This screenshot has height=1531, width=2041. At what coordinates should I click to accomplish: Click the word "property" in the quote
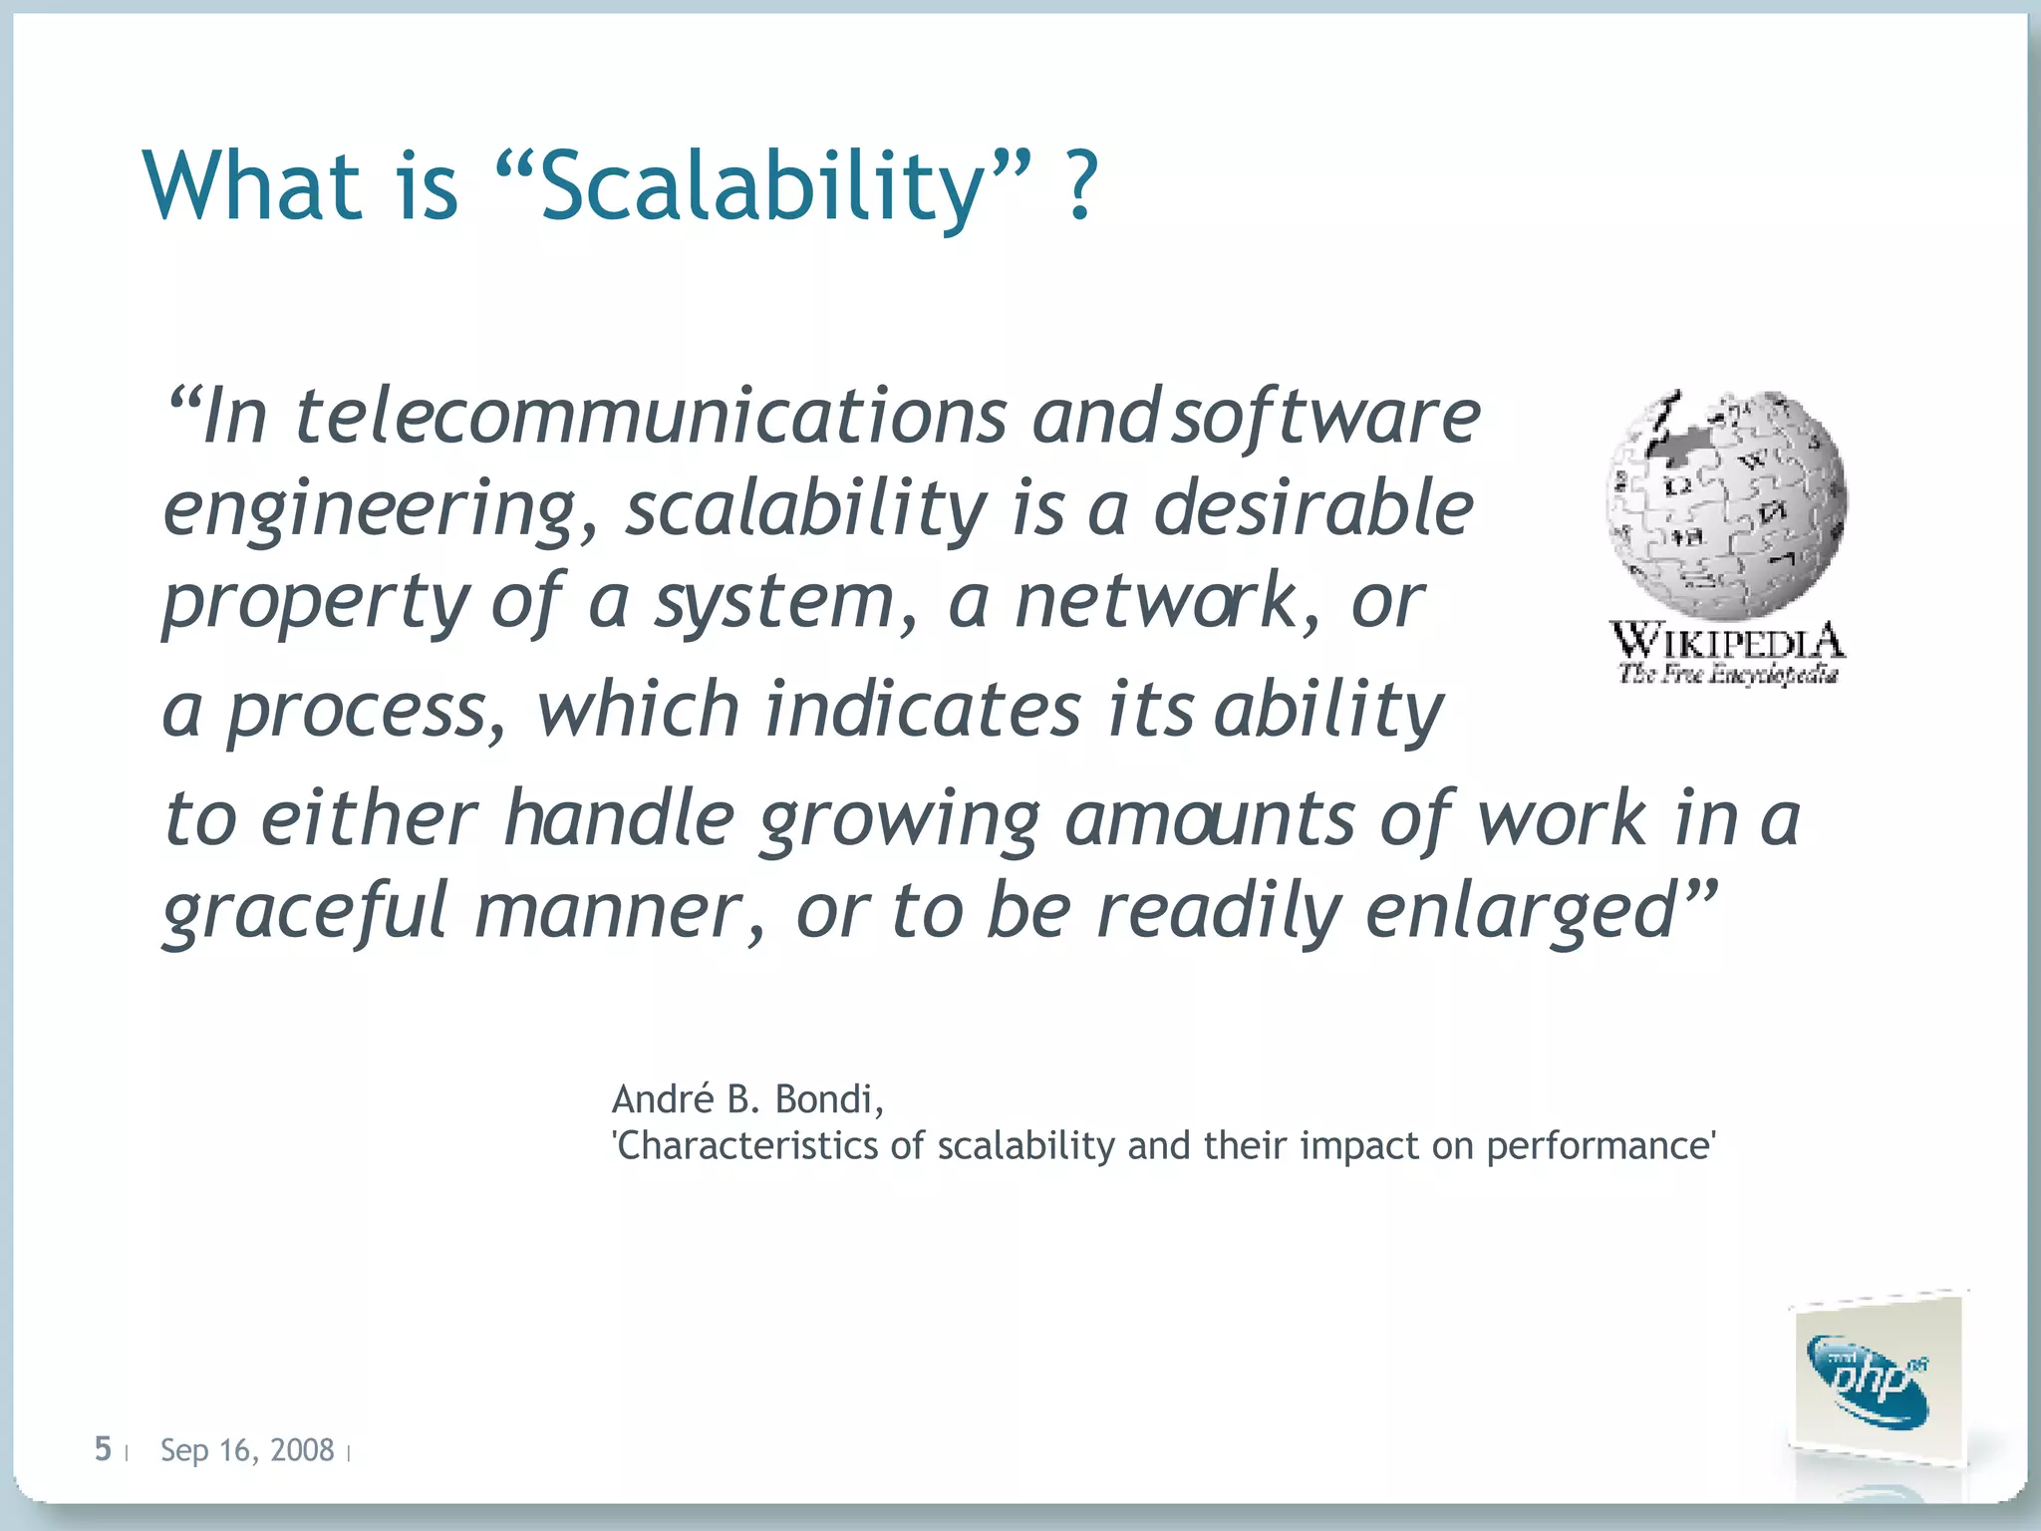(x=315, y=603)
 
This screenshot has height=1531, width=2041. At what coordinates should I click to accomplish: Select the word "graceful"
(x=305, y=911)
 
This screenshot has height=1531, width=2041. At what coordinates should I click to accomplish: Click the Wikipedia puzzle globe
(x=1726, y=504)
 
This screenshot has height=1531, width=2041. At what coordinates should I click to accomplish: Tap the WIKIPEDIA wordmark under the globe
(x=1727, y=640)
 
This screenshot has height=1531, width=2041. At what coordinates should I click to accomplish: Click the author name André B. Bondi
(x=746, y=1099)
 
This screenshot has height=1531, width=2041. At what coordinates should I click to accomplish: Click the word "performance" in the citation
(x=1599, y=1146)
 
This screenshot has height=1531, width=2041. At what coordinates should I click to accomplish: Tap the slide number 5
(x=103, y=1448)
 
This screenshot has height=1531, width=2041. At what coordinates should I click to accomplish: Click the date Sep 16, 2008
(x=247, y=1450)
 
